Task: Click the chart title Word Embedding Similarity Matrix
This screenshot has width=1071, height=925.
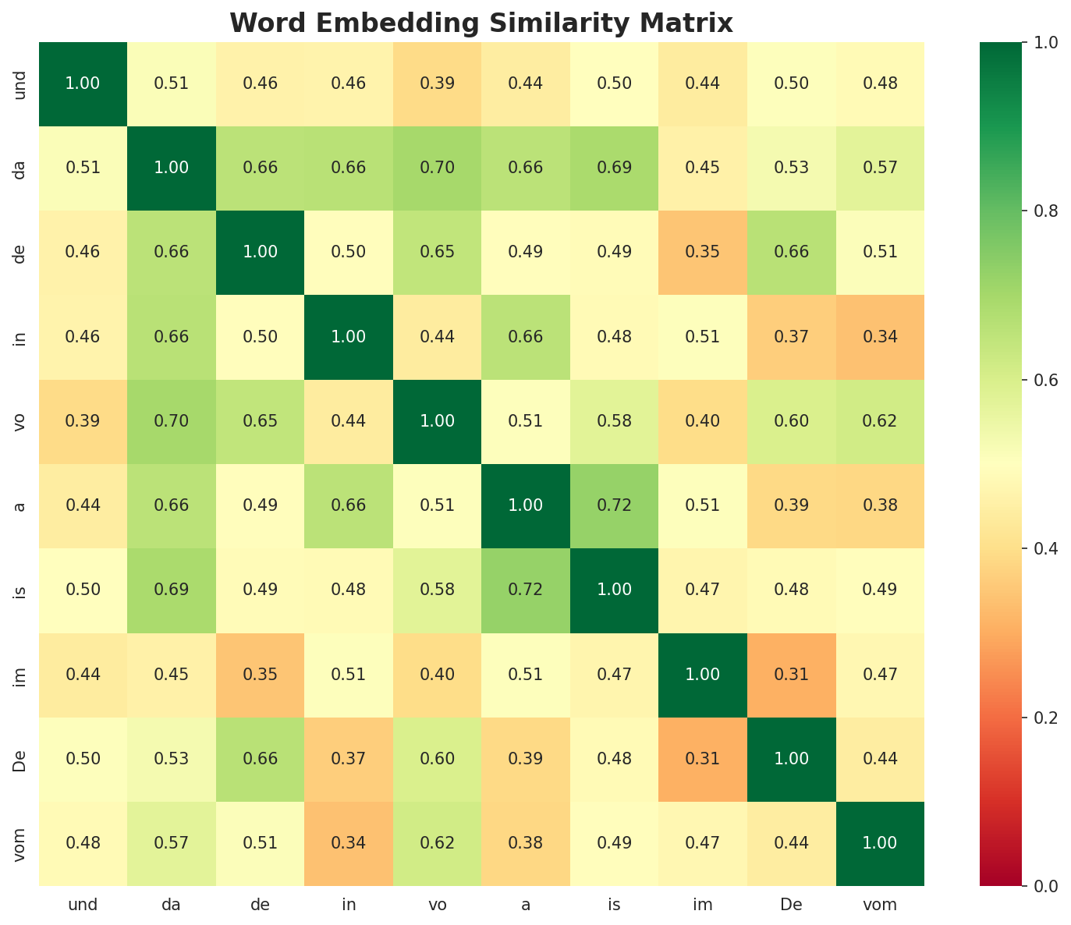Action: pyautogui.click(x=481, y=23)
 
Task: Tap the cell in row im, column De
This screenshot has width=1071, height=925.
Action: pyautogui.click(x=791, y=674)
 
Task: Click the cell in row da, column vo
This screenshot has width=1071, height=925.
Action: pyautogui.click(x=437, y=168)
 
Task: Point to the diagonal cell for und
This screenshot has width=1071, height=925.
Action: pyautogui.click(x=83, y=83)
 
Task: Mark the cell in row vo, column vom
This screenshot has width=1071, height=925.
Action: pyautogui.click(x=880, y=421)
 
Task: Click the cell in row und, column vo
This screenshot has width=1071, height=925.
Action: pyautogui.click(x=437, y=83)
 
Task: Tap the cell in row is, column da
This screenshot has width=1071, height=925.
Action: pyautogui.click(x=171, y=590)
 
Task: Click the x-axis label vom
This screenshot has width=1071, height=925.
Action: pyautogui.click(x=880, y=906)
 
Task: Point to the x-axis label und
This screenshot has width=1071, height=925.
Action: pyautogui.click(x=83, y=906)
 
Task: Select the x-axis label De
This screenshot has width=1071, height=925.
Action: pyautogui.click(x=791, y=906)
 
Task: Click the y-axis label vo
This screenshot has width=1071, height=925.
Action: pyautogui.click(x=21, y=421)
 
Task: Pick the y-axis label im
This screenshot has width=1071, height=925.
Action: pyautogui.click(x=21, y=674)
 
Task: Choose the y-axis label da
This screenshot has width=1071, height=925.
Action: pyautogui.click(x=21, y=168)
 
